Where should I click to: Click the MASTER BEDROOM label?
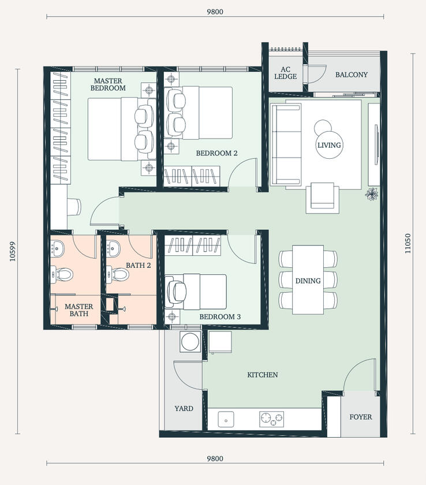coord(109,85)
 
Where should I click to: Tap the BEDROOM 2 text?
coord(216,154)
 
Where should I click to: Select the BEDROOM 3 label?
coord(220,317)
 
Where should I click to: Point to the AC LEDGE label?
coord(285,73)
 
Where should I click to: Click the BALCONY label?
coord(351,74)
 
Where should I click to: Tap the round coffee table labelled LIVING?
coord(329,145)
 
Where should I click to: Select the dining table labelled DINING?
coord(308,281)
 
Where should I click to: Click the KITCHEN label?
coord(263,375)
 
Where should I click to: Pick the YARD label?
coord(184,408)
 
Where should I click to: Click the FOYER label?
coord(361,416)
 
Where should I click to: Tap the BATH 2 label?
coord(138,266)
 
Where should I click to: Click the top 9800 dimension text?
coord(215,11)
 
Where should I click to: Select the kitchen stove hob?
coord(272,419)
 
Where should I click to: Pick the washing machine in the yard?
coord(190,342)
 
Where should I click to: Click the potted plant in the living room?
coord(371,195)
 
